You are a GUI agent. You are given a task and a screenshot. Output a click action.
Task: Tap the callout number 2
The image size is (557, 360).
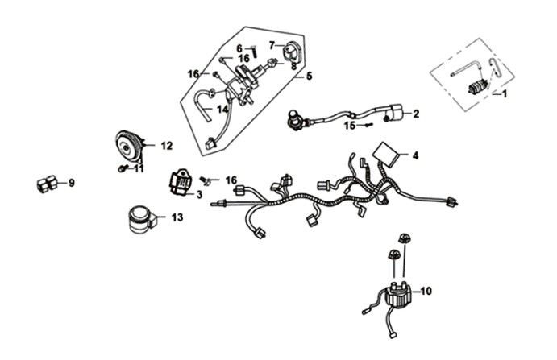pos(417,114)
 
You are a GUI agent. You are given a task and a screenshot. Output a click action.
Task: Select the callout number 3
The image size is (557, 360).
pos(199,194)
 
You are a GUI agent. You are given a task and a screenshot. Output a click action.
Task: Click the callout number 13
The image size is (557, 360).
pos(177,217)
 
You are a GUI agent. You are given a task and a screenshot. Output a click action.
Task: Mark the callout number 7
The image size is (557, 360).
pos(272,44)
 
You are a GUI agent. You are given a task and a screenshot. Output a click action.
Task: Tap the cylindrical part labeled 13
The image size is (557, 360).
pos(139,218)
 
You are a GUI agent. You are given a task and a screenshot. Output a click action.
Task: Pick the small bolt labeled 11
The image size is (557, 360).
pos(121,168)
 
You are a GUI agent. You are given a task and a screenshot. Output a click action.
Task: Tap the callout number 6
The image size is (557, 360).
pos(239,48)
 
